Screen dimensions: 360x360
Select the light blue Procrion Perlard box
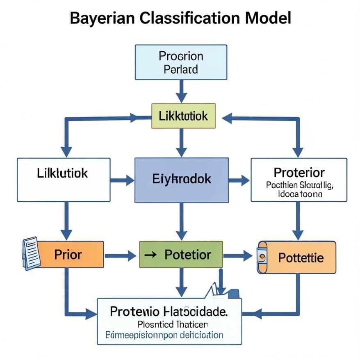181,62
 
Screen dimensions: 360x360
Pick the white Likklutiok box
64,179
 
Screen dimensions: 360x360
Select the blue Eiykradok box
182,180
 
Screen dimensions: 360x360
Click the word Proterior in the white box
299,172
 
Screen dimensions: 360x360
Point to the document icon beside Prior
30,253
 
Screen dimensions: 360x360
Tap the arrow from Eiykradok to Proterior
239,180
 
